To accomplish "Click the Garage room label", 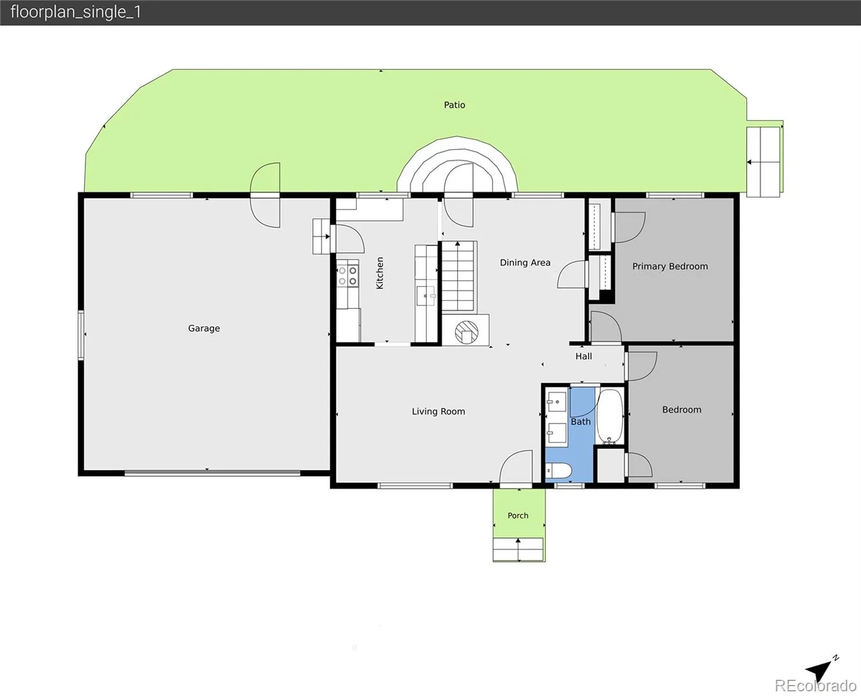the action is [x=204, y=328].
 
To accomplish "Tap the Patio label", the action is [x=454, y=105].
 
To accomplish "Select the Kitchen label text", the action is [x=379, y=273].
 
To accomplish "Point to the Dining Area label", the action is [x=525, y=263].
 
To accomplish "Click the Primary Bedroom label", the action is [x=670, y=267].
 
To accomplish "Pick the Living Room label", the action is [x=438, y=412].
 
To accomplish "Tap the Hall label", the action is [x=584, y=356].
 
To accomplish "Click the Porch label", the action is [x=518, y=516].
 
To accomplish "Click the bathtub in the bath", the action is [x=610, y=416].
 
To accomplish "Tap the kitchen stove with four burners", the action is [x=348, y=275].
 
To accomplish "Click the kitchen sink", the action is [x=426, y=296].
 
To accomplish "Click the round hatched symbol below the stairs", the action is [x=466, y=332].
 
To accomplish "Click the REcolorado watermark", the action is [x=816, y=686].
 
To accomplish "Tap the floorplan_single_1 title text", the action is [x=75, y=12].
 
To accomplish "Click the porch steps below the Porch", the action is [x=518, y=549].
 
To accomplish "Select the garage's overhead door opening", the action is [x=212, y=473].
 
